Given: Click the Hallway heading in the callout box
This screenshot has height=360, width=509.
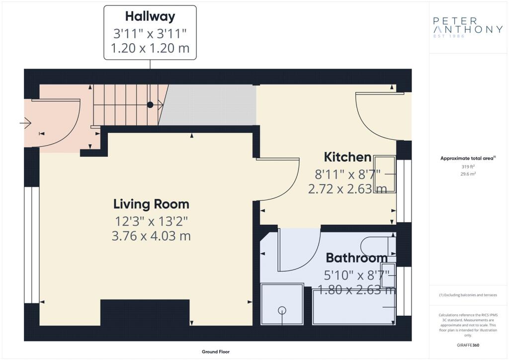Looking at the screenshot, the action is (150, 16).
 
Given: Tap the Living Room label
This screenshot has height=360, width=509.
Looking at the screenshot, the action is (151, 204).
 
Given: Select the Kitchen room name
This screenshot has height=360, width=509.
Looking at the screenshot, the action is (347, 157).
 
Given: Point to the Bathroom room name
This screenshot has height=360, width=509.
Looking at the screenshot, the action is (357, 258).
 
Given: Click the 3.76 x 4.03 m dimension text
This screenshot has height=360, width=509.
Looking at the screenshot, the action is (151, 236).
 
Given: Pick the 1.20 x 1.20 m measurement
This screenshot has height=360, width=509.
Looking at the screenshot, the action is (150, 48).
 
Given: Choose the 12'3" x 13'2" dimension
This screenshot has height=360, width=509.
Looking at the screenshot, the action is (151, 221).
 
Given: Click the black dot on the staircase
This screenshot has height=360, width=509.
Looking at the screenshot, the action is (150, 104).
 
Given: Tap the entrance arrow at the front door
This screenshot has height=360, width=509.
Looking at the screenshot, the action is (25, 123).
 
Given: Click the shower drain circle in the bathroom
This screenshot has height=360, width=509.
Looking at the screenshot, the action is (282, 310).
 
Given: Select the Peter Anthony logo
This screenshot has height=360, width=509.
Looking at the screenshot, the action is (468, 27).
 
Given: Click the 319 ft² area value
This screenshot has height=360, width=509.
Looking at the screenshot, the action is (468, 167).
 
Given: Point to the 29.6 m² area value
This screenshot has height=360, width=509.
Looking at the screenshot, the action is (468, 174).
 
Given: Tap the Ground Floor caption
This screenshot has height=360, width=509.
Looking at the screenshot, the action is (216, 352).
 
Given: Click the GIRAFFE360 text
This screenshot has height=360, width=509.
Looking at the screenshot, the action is (468, 345).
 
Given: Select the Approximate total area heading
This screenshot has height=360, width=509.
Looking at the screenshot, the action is (468, 159).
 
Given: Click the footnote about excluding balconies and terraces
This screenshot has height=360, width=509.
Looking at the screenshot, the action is (468, 295).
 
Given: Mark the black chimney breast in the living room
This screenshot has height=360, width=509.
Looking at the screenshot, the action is (145, 313).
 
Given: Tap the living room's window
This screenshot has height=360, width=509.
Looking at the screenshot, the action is (31, 245).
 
